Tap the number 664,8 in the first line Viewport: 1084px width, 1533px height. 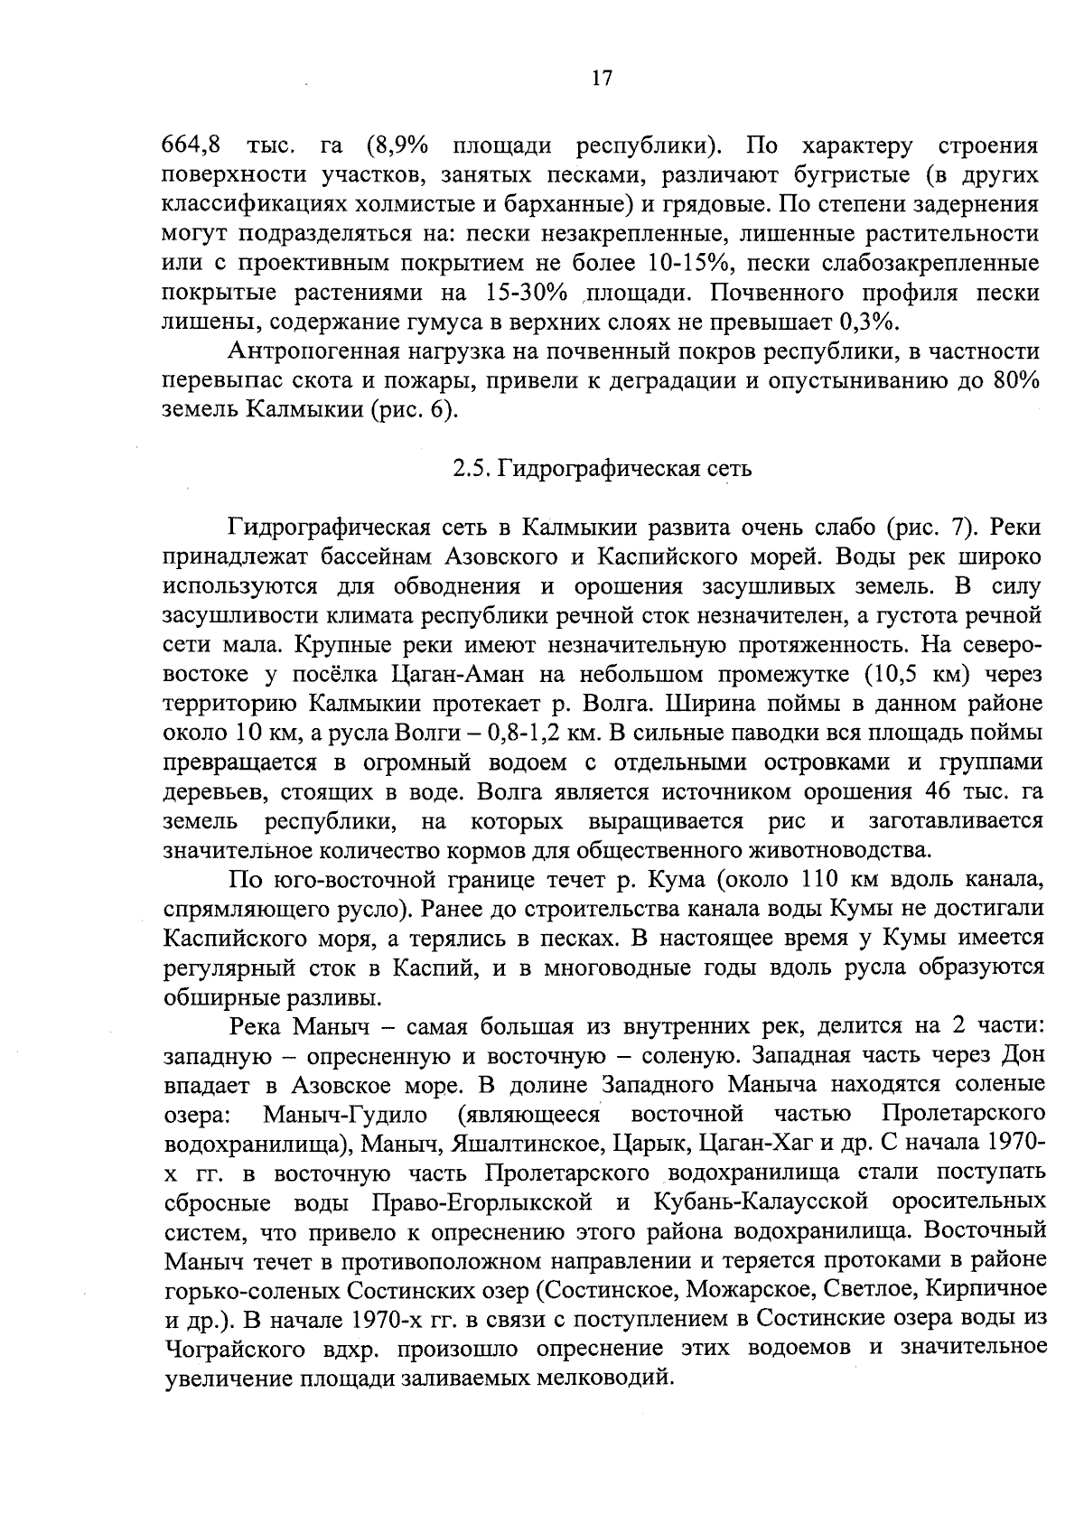pos(191,146)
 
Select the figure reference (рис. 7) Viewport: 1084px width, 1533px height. pos(932,528)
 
